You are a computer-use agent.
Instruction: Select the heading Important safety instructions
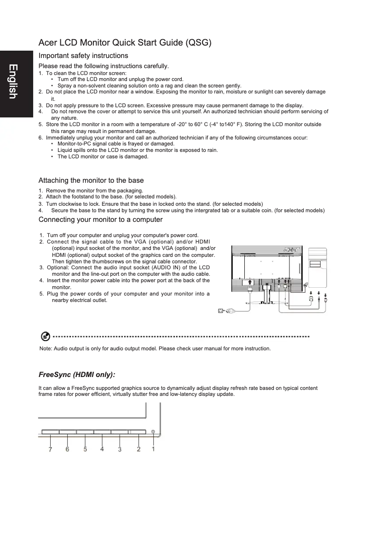83,56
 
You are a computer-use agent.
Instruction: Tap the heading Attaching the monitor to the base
91,180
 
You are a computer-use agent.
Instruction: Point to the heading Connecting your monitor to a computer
100,220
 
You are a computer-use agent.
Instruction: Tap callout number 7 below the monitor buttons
50,450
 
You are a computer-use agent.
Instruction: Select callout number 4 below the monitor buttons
102,449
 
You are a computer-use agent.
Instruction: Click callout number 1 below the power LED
153,449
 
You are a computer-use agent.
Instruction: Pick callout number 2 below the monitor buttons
138,450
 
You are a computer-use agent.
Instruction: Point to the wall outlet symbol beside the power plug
220,311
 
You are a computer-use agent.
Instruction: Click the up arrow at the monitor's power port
249,282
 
